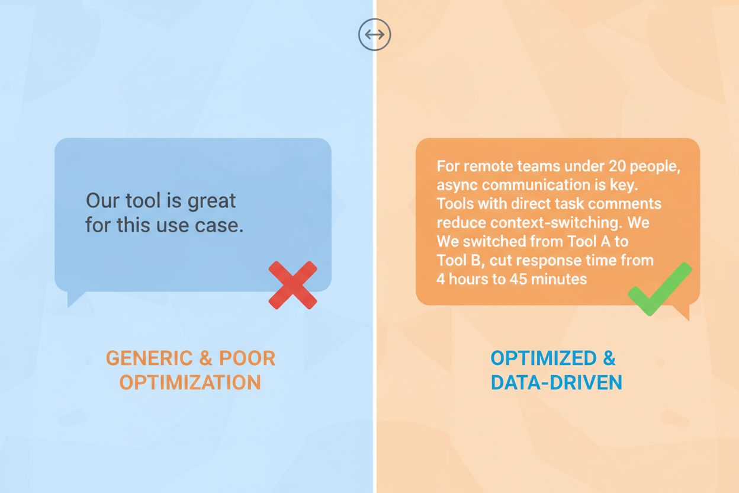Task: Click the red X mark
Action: pos(293,285)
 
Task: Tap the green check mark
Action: pos(659,289)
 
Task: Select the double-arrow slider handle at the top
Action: pos(374,34)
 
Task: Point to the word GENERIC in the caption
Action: pos(149,358)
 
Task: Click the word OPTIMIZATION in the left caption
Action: pos(190,382)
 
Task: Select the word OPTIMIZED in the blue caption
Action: pos(535,358)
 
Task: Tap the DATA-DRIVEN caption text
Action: pos(556,382)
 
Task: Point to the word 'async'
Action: pos(457,185)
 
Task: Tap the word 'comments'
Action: pos(628,204)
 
